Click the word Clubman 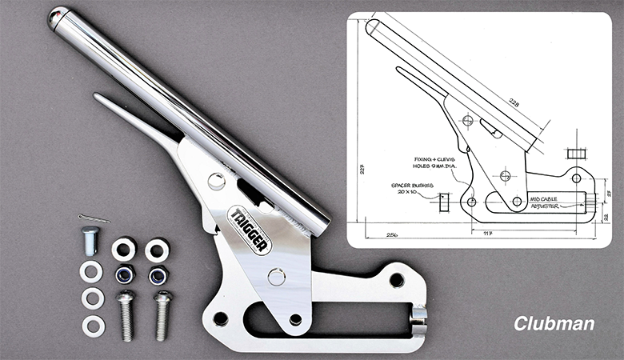[554, 324]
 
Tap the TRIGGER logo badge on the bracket [248, 229]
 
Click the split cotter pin [94, 218]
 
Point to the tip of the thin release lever [97, 97]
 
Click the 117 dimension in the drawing [509, 234]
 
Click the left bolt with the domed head [126, 315]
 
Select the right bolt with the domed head [162, 314]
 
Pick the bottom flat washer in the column [93, 326]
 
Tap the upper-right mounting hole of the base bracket [397, 280]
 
